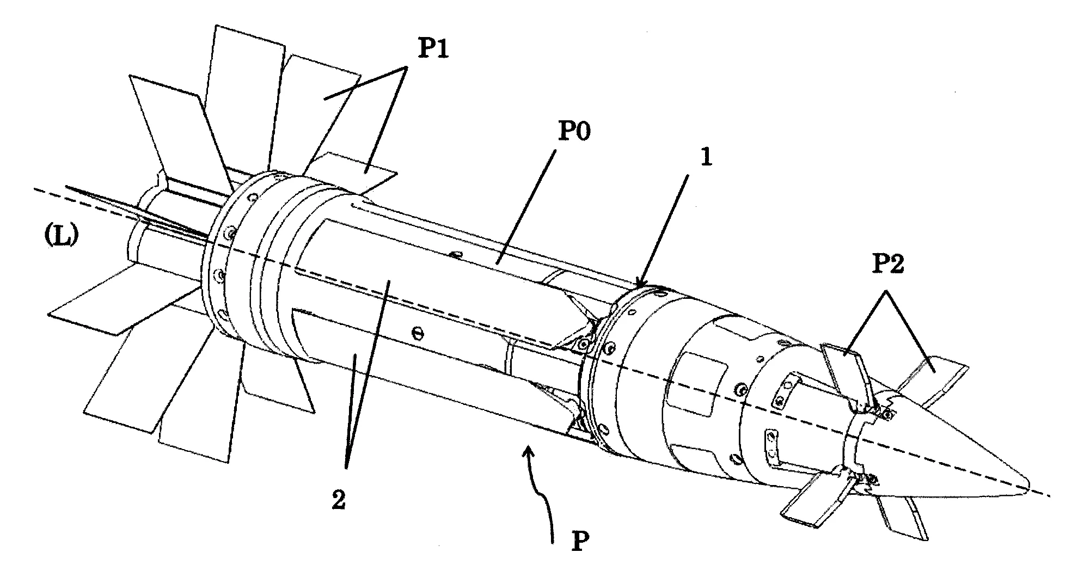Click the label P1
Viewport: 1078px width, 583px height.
[x=433, y=51]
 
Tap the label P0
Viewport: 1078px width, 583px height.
[x=574, y=132]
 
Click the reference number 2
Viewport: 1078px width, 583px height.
[x=339, y=499]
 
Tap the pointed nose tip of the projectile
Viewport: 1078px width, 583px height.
[x=1028, y=482]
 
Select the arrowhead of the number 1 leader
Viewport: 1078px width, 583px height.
[x=640, y=284]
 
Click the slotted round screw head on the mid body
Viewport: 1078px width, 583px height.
[x=418, y=332]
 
